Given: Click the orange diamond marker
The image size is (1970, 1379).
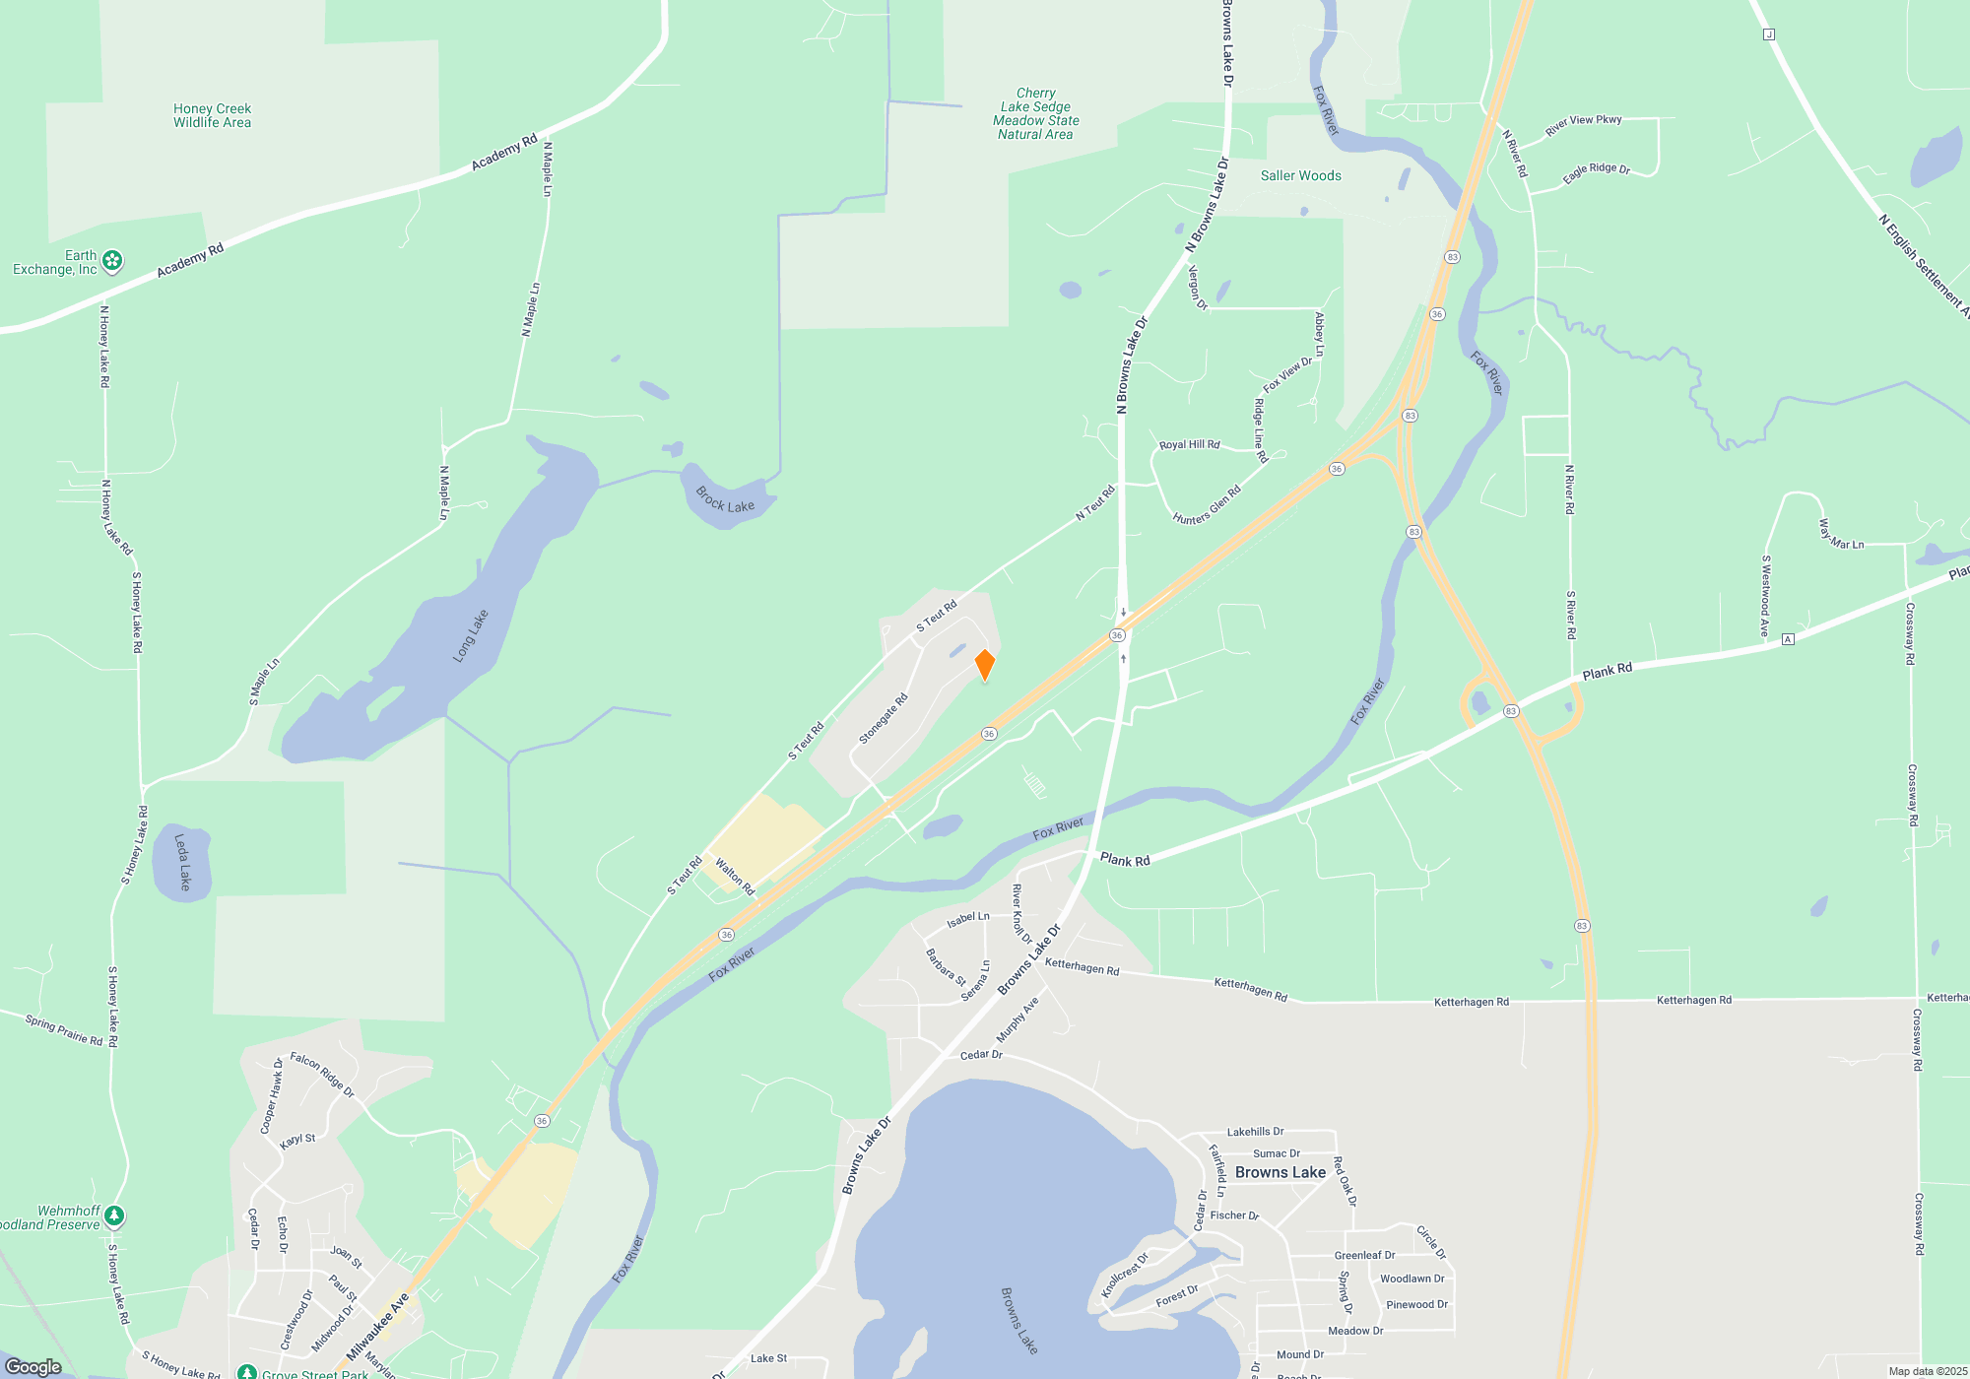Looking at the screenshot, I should [985, 665].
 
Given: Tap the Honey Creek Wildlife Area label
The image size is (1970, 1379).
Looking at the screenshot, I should [212, 116].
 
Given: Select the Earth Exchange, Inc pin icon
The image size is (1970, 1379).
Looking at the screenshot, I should [113, 261].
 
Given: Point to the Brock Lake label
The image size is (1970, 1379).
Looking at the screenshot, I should [725, 500].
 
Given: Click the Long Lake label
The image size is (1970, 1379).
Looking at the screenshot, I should [471, 635].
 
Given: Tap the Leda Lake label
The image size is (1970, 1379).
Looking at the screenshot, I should [182, 862].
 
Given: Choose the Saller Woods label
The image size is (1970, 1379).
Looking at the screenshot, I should [1300, 176].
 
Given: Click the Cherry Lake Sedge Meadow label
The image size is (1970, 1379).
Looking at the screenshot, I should [1035, 114].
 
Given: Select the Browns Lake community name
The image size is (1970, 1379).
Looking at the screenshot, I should [1280, 1172].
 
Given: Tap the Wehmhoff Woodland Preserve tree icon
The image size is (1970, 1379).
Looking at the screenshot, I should [115, 1216].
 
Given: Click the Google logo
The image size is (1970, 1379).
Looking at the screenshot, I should [33, 1367].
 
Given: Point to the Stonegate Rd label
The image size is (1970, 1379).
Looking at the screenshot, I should [883, 719].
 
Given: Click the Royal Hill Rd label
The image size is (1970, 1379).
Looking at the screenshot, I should [1189, 445].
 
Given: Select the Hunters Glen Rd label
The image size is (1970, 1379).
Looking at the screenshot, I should [1207, 505].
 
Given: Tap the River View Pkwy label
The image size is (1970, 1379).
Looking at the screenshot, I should [1583, 125].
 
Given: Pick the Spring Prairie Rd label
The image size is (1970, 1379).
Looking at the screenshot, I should [64, 1030].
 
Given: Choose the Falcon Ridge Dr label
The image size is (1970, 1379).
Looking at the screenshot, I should [322, 1076].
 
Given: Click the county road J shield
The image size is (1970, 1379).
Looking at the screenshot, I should [1769, 34].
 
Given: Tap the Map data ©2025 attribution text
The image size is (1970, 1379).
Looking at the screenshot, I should [1927, 1371].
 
